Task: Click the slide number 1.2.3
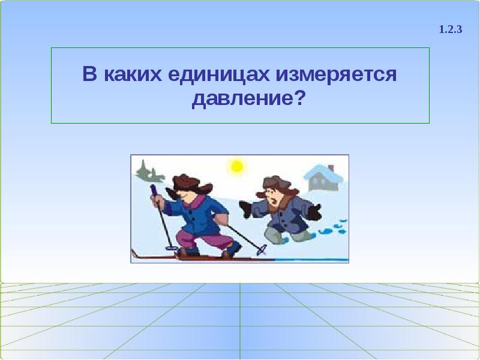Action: (450, 29)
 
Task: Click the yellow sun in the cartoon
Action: (237, 166)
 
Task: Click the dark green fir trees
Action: (148, 172)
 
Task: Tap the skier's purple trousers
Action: (207, 240)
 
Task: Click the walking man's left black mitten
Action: (245, 209)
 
